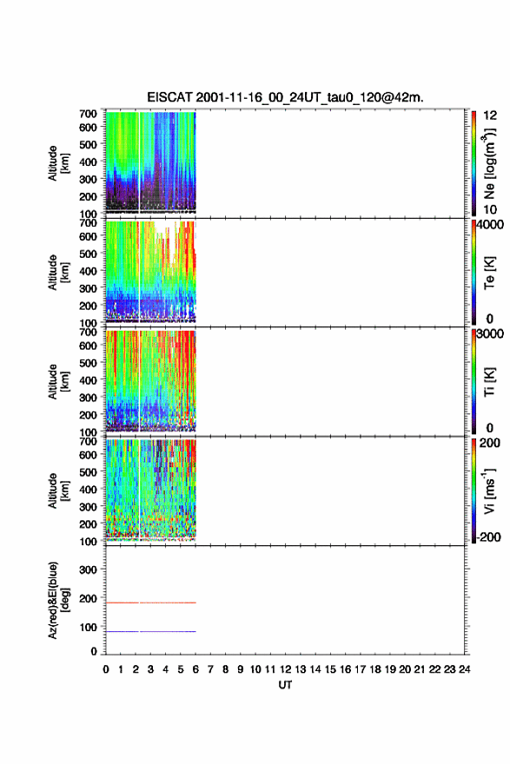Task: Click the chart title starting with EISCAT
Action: (x=285, y=97)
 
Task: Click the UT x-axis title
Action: (x=285, y=685)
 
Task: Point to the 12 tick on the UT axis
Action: (x=285, y=669)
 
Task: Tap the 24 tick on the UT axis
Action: (x=464, y=669)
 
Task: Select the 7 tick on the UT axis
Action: (x=210, y=669)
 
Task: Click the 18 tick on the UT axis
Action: (x=375, y=669)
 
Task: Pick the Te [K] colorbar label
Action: (x=489, y=273)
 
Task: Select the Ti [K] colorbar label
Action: (x=489, y=381)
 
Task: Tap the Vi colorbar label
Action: (x=489, y=491)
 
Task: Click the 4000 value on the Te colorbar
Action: (x=491, y=225)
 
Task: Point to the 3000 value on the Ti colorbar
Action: (x=491, y=333)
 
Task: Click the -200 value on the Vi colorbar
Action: (x=488, y=537)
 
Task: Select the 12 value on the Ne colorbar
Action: (x=491, y=115)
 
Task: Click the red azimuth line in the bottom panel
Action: (x=151, y=603)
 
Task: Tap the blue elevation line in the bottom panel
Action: (x=151, y=631)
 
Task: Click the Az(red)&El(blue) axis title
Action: (x=58, y=600)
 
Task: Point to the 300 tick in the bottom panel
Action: (x=89, y=570)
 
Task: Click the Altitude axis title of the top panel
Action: (x=58, y=163)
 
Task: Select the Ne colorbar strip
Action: (x=474, y=164)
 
